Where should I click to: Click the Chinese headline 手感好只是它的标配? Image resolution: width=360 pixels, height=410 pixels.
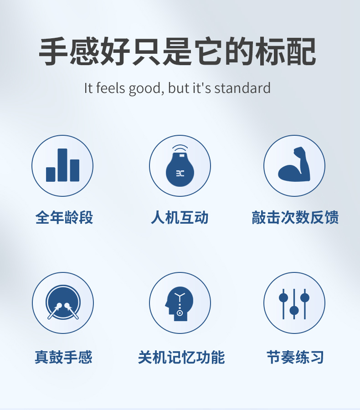click(177, 51)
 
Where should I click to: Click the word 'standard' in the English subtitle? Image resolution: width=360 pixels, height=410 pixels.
click(242, 88)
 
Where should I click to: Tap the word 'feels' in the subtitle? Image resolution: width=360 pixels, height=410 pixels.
click(110, 88)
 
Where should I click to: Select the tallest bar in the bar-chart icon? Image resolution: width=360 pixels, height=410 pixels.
click(62, 165)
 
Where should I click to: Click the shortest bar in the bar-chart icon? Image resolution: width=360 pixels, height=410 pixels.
click(51, 174)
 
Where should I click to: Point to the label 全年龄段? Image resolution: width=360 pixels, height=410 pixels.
click(64, 217)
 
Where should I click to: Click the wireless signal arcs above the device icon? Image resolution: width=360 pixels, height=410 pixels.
click(180, 149)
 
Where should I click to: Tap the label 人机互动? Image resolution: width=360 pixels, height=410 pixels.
click(180, 217)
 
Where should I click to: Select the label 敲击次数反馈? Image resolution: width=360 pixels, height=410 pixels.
click(295, 217)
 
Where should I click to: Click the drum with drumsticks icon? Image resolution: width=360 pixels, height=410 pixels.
click(63, 302)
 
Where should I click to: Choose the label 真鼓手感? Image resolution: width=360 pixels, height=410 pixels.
click(64, 357)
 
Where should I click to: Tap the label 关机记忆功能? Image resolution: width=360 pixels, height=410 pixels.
click(181, 357)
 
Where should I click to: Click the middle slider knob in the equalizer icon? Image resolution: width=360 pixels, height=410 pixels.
click(294, 311)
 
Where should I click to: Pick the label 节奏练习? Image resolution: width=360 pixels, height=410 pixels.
click(295, 357)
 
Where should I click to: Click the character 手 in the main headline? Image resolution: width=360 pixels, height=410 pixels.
click(53, 51)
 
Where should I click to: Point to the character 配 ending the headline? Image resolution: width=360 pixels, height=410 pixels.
click(301, 51)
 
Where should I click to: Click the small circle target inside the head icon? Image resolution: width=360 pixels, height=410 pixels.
click(180, 313)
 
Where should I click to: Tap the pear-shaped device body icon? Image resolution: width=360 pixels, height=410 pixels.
click(180, 169)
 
